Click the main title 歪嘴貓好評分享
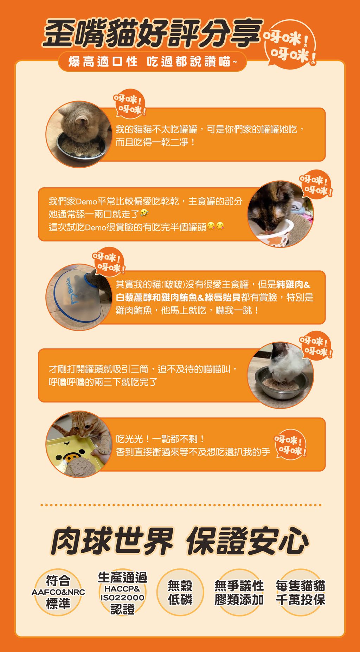click(153, 33)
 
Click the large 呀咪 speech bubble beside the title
click(291, 44)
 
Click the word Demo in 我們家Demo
click(86, 201)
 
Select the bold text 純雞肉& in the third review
click(293, 284)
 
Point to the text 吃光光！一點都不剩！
click(160, 439)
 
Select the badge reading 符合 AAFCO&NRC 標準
click(58, 592)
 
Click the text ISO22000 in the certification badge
click(122, 598)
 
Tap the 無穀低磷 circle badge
click(180, 592)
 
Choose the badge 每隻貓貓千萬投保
click(300, 593)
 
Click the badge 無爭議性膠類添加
click(239, 593)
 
